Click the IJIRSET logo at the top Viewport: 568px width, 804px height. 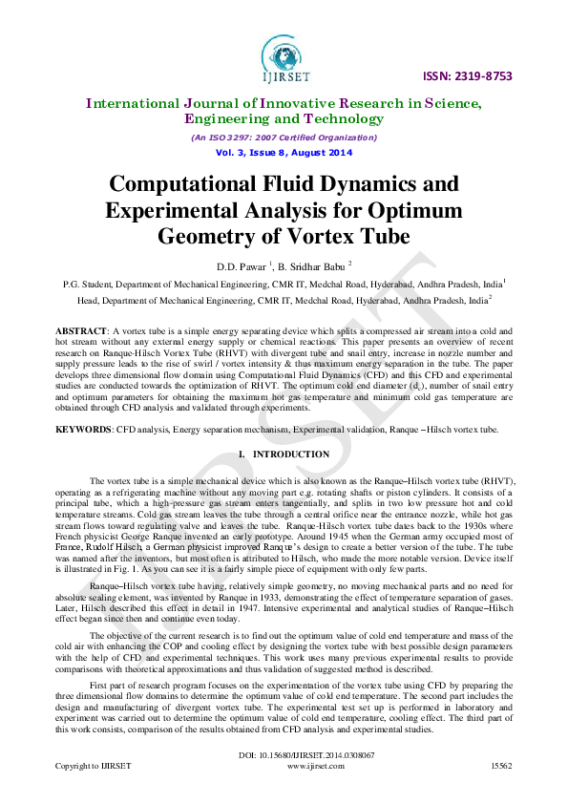[284, 54]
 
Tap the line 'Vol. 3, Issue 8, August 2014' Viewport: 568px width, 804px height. [284, 153]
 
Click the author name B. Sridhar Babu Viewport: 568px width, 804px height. [310, 264]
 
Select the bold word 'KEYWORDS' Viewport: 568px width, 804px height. [85, 430]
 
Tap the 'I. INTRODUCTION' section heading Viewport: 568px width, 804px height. [284, 455]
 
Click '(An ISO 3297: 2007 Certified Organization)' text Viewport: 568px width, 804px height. [284, 138]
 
